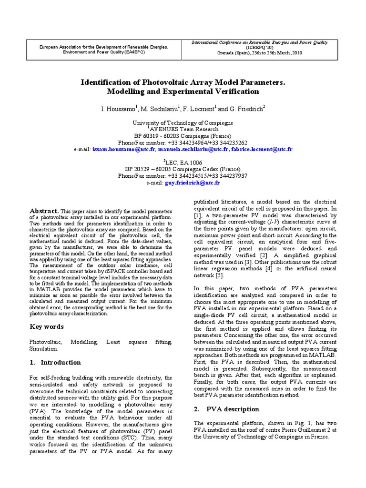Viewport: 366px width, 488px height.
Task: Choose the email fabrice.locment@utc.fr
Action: click(261, 149)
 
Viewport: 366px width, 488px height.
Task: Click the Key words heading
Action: click(47, 327)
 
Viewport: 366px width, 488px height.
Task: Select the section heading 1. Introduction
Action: click(55, 362)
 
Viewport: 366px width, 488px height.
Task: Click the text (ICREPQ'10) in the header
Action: click(260, 48)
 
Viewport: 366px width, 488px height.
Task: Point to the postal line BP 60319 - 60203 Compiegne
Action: click(183, 136)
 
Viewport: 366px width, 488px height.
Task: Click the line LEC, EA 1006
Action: click(183, 163)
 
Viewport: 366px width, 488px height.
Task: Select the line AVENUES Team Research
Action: click(183, 129)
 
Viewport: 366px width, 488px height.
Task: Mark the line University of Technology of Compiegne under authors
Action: click(183, 122)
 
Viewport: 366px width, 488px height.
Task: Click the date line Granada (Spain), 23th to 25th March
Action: click(260, 53)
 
